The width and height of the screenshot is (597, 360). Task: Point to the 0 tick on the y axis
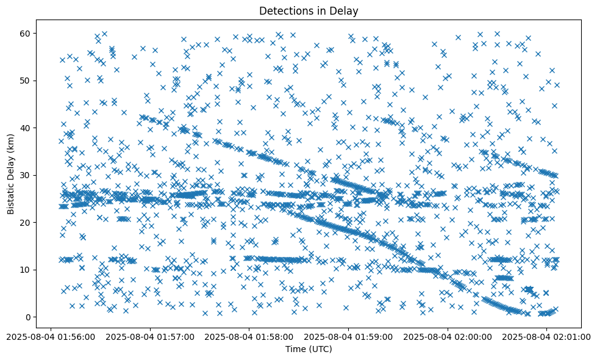28,317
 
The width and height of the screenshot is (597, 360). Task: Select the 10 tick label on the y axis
26,270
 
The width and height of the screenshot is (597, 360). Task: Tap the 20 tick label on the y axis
26,223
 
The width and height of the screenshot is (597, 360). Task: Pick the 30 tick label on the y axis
26,175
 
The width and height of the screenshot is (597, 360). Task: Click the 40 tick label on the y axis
26,128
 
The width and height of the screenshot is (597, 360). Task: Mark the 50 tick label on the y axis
26,81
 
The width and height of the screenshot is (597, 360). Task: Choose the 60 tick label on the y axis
26,33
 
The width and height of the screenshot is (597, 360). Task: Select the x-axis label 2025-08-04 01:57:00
149,336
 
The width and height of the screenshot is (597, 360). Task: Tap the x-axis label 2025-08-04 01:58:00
249,336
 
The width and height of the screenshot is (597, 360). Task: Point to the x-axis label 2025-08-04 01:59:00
349,336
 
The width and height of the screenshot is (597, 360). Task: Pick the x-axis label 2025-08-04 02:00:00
449,336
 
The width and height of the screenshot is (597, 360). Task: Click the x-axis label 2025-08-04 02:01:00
546,336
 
